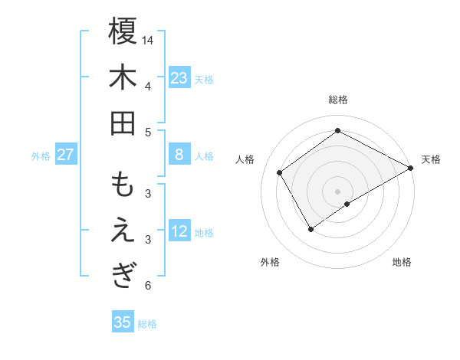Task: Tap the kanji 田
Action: [123, 123]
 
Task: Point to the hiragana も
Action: [123, 185]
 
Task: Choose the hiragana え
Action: [123, 231]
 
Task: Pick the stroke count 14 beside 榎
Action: [148, 39]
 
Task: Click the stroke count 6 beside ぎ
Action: [148, 286]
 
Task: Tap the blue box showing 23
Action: [179, 78]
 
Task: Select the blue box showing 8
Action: [179, 155]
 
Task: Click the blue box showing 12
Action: [179, 231]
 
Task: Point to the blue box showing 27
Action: [66, 155]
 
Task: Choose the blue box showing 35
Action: [123, 322]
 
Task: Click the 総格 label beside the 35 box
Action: [148, 324]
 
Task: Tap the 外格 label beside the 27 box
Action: [41, 156]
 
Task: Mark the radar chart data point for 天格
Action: [410, 169]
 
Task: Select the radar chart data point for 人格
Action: [280, 172]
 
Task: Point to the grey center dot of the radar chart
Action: [337, 190]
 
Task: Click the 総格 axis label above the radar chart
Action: [337, 100]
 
